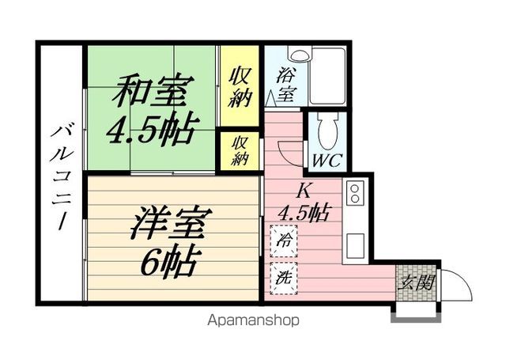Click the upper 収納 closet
coord(240,87)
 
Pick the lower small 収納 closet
coord(240,150)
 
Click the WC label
coord(327,161)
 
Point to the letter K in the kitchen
coord(304,191)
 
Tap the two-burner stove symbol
coord(353,195)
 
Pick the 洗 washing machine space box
coord(282,278)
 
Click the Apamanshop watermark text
coord(254,320)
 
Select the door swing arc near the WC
coord(292,150)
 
